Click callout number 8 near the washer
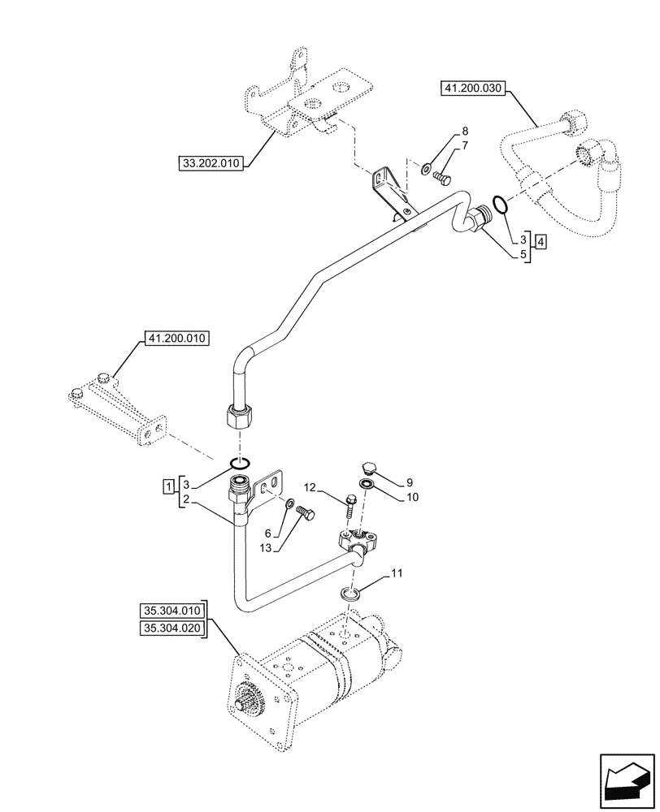465,131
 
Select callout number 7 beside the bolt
465,145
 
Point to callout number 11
396,575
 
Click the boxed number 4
541,241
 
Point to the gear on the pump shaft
250,698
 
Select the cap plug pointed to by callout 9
367,468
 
